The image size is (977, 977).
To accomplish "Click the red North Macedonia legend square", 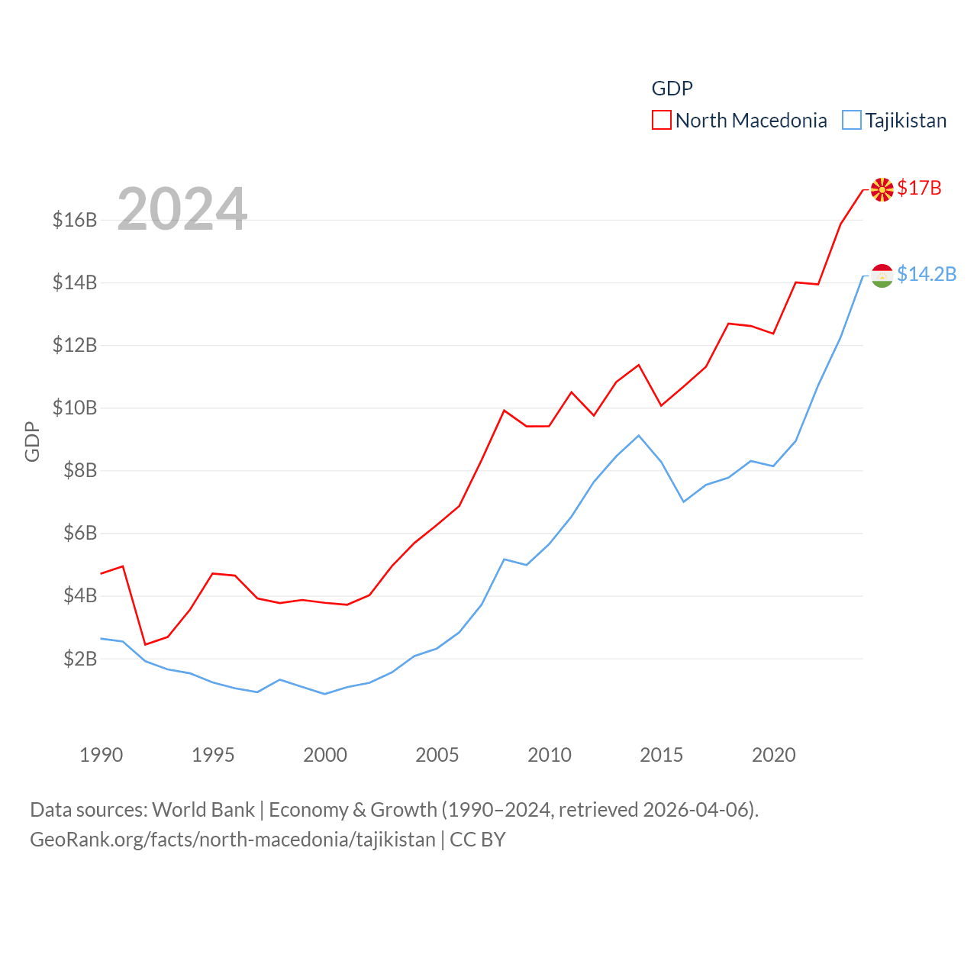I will tap(661, 121).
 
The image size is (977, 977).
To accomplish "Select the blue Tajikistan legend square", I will tap(852, 121).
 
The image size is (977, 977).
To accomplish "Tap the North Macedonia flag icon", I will tap(882, 189).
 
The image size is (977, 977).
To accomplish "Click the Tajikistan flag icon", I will tap(882, 276).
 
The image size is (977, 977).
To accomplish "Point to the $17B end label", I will tap(920, 188).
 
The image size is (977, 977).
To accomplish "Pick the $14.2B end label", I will tap(927, 274).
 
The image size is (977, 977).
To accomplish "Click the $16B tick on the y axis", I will tap(75, 220).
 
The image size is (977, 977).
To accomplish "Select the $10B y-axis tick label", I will tap(75, 408).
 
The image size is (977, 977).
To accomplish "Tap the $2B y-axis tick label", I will tap(80, 658).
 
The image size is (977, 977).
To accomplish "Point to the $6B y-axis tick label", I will tap(80, 533).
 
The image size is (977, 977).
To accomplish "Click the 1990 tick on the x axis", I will tap(101, 755).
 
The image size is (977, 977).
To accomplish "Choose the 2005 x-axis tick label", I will tap(437, 755).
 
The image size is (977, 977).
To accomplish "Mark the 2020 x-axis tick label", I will tap(774, 755).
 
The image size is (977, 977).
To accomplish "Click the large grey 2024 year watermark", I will tap(182, 209).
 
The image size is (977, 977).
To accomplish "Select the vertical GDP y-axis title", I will tap(32, 441).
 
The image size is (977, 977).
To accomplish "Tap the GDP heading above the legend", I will tap(672, 89).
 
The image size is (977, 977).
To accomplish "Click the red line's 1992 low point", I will tap(145, 644).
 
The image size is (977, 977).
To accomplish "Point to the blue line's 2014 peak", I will tap(639, 436).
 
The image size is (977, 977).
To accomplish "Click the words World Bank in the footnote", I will tap(203, 809).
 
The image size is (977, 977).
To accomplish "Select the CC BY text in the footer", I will tap(478, 840).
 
